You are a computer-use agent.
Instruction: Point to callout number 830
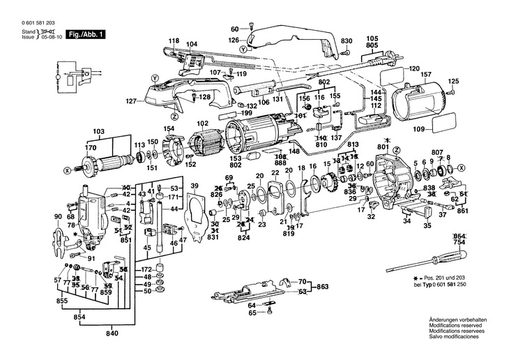click(347, 40)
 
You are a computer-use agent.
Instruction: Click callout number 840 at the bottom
click(112, 333)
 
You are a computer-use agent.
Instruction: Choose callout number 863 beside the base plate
click(323, 287)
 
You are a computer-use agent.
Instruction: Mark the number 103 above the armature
click(98, 132)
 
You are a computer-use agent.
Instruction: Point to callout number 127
click(130, 102)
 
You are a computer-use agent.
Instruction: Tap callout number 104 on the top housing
click(192, 44)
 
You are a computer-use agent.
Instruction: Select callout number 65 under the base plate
click(252, 313)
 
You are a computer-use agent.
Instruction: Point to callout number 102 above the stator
click(203, 124)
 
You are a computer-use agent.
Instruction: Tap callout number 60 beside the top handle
click(234, 29)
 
